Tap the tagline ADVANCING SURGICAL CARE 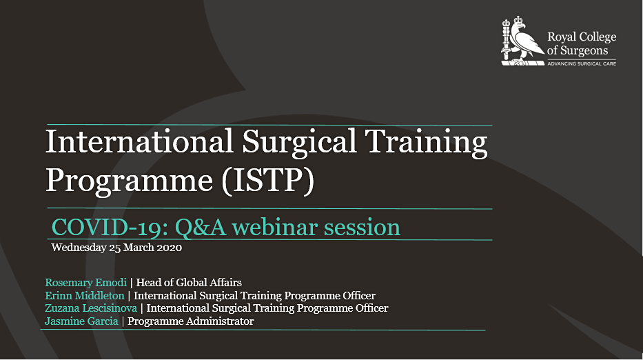coord(582,63)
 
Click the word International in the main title coord(139,141)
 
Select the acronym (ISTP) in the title coord(268,180)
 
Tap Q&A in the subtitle coord(201,228)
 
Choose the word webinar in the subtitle coord(275,227)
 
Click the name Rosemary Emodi coord(85,283)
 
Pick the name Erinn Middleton coord(85,296)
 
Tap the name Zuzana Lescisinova coord(91,308)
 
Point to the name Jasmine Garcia coord(81,321)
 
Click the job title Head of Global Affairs coord(189,283)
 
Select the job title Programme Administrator coord(191,321)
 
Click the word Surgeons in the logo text coord(584,50)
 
